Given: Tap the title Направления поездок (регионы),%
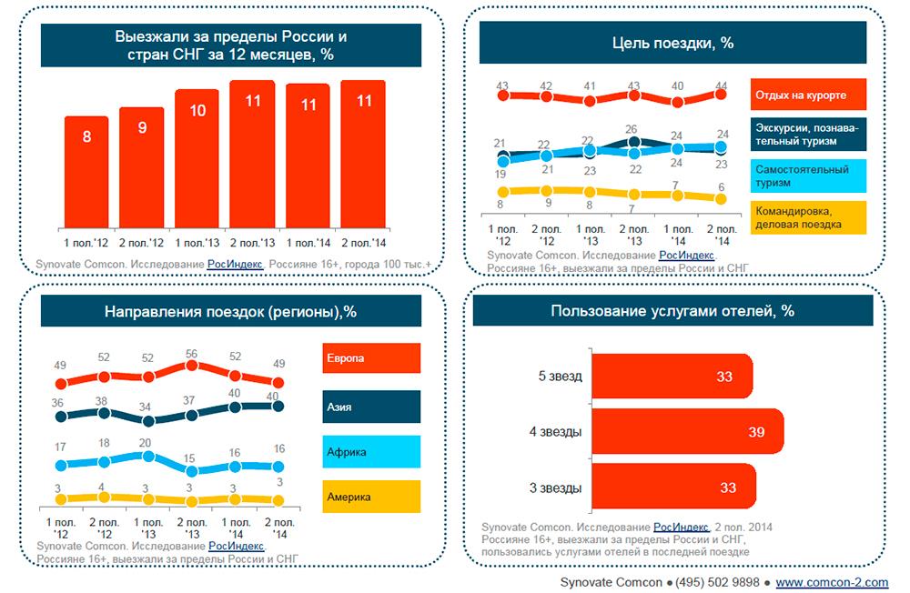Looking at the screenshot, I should tap(230, 311).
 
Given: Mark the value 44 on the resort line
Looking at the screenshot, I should tap(721, 86).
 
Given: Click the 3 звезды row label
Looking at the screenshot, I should tap(555, 488).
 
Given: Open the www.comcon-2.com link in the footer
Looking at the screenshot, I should tap(831, 581).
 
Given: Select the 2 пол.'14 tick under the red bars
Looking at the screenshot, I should tap(363, 243).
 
